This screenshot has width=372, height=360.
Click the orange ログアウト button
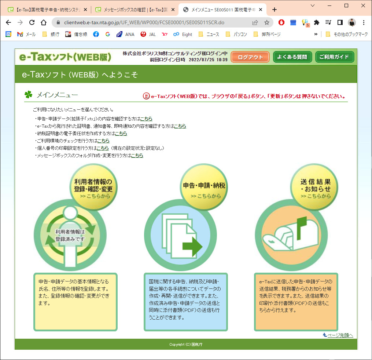click(x=250, y=57)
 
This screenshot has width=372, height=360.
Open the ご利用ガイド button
click(x=335, y=57)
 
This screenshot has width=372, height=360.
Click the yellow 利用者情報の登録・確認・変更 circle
click(x=93, y=187)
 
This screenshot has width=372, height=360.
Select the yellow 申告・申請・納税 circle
click(x=204, y=187)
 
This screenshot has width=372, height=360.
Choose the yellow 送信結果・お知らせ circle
click(x=314, y=187)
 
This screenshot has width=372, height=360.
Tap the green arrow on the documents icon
click(x=192, y=247)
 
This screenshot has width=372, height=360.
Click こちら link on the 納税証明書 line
click(x=121, y=134)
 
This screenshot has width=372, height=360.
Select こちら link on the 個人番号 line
click(x=103, y=148)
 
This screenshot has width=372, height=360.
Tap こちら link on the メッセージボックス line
click(x=137, y=155)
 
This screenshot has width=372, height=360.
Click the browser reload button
click(x=32, y=22)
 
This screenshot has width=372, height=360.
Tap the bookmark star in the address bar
click(x=267, y=22)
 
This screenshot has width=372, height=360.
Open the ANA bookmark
click(x=125, y=34)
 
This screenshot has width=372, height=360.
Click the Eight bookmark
click(x=183, y=34)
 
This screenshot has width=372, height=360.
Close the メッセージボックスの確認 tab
click(x=173, y=10)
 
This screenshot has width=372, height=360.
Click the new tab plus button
click(x=275, y=10)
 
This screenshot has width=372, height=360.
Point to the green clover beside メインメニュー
click(x=29, y=95)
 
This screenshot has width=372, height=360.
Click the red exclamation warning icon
click(x=146, y=96)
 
